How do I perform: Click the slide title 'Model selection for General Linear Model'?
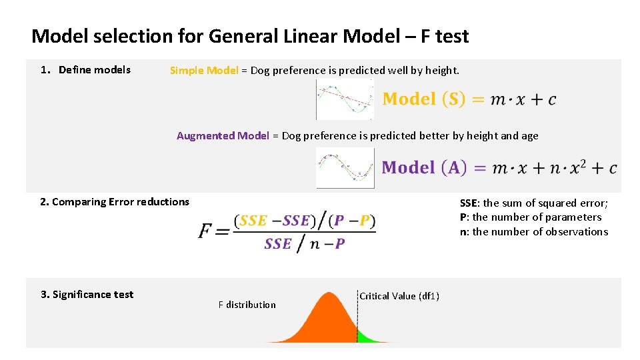(250, 36)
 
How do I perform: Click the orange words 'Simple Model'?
(203, 70)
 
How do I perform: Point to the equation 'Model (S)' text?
(424, 99)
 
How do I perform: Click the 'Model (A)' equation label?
(424, 167)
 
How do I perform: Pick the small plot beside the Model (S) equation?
(345, 99)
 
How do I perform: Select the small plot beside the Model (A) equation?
(345, 167)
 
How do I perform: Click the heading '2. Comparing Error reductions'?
(115, 202)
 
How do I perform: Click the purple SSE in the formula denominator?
(277, 244)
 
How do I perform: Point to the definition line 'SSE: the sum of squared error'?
(533, 203)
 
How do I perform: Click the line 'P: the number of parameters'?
(530, 217)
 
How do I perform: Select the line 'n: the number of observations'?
(533, 232)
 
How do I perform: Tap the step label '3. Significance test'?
(87, 295)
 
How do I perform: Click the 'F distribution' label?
(247, 305)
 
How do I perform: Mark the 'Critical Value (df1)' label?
(399, 296)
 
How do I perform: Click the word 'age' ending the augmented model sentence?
(529, 136)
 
